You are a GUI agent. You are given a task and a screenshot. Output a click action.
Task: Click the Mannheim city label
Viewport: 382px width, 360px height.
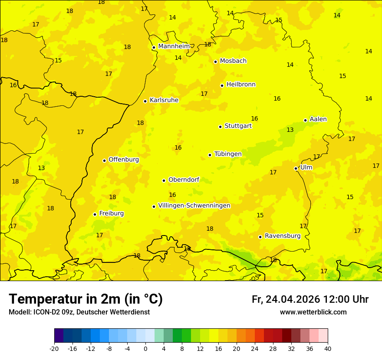pyautogui.click(x=174, y=46)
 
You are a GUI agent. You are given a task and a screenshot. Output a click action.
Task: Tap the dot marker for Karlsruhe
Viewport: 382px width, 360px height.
pyautogui.click(x=145, y=101)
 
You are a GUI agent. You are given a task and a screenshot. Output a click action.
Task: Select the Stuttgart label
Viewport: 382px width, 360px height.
pyautogui.click(x=238, y=126)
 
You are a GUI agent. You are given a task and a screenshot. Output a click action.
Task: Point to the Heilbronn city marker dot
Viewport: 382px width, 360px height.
pyautogui.click(x=222, y=85)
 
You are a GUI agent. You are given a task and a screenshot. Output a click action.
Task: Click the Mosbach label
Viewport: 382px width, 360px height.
pyautogui.click(x=233, y=61)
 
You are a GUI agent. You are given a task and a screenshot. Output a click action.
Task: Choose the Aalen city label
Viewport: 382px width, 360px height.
pyautogui.click(x=318, y=119)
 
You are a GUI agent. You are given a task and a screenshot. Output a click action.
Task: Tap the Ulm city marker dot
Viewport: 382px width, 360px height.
pyautogui.click(x=296, y=168)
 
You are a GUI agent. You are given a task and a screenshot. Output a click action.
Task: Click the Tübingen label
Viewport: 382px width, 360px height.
pyautogui.click(x=228, y=154)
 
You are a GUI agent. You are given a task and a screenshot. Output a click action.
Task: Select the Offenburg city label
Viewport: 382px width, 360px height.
pyautogui.click(x=124, y=160)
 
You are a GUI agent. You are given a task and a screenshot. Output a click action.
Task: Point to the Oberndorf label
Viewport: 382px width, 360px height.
pyautogui.click(x=184, y=180)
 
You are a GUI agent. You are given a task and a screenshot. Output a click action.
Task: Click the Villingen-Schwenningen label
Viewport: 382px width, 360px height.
pyautogui.click(x=194, y=206)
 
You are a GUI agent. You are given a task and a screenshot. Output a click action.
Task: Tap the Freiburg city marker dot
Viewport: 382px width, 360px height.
pyautogui.click(x=95, y=214)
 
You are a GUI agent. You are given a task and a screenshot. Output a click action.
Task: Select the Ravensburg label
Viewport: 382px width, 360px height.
pyautogui.click(x=283, y=236)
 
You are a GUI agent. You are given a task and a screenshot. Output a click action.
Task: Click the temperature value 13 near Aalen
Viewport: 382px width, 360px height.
pyautogui.click(x=290, y=130)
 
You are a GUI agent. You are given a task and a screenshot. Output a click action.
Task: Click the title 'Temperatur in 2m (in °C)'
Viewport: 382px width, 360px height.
pyautogui.click(x=86, y=299)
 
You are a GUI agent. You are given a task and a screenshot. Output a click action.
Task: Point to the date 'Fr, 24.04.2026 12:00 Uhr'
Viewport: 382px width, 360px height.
pyautogui.click(x=310, y=300)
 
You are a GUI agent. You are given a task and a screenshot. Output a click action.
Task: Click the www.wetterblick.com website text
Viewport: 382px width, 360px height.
pyautogui.click(x=313, y=312)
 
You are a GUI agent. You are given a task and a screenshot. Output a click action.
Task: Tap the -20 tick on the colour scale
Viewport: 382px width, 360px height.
pyautogui.click(x=54, y=348)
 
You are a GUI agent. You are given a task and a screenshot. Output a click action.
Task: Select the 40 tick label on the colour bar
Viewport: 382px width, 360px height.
pyautogui.click(x=328, y=348)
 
